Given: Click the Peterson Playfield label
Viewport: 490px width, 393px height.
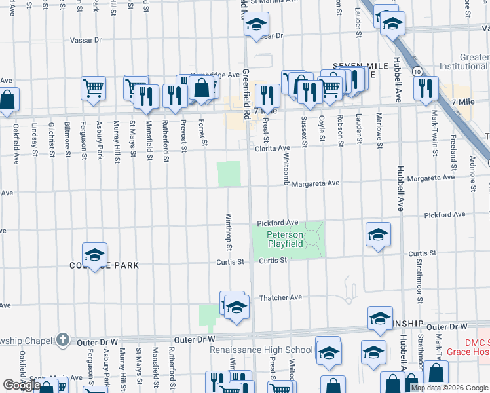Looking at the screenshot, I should coord(285,239).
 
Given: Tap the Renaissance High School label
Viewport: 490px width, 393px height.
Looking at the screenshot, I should coord(261,350).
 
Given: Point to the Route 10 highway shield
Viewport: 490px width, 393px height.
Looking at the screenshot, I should coord(417,70).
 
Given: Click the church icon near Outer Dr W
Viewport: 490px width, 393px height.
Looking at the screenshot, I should coord(62,339).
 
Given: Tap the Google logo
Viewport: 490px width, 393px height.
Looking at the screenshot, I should coord(22,385).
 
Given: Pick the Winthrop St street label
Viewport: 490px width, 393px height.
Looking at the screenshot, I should coord(229,233).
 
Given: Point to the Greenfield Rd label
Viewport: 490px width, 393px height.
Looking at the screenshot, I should coord(246,95).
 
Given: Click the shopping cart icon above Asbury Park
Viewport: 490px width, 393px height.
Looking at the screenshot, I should coord(94,87).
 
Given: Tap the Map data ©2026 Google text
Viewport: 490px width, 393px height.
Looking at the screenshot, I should coord(449,388).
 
